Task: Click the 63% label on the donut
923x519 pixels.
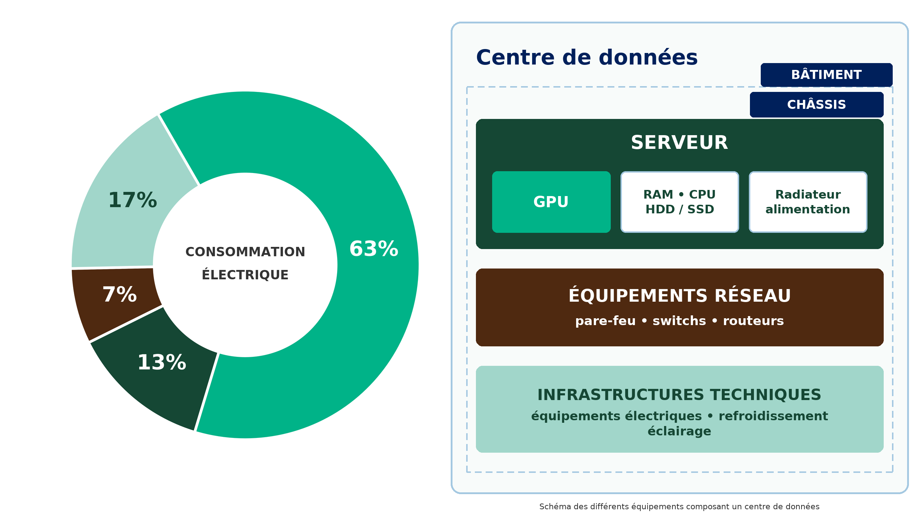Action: click(374, 249)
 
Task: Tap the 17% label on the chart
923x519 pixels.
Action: click(133, 200)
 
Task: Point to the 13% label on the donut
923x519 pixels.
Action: click(162, 362)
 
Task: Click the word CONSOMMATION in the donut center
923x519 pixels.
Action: click(245, 252)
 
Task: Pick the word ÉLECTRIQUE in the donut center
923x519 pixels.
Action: click(245, 274)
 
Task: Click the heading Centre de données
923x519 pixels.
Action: click(587, 57)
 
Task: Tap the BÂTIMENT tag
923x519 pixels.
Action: click(826, 75)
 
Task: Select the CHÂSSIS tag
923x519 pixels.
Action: click(817, 105)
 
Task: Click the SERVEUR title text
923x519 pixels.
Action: click(680, 142)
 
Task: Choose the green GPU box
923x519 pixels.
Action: click(551, 202)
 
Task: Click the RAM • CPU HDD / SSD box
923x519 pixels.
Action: click(680, 202)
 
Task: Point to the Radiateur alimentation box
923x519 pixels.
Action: click(808, 202)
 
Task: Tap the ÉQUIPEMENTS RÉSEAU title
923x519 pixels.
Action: click(680, 296)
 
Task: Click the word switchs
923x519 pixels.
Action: click(679, 320)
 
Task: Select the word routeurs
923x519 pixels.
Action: click(754, 320)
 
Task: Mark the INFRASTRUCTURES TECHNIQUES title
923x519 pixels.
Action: click(680, 395)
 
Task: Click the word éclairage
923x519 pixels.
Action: click(680, 431)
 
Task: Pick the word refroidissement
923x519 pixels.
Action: click(773, 416)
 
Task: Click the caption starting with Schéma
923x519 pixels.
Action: click(679, 506)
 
